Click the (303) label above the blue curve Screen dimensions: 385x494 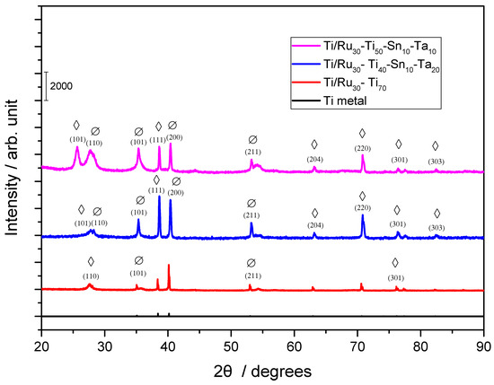[437, 228]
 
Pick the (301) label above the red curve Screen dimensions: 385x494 [395, 277]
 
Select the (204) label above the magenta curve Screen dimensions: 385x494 [314, 159]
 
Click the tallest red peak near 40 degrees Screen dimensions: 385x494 [169, 266]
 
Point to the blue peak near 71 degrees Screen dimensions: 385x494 [363, 216]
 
